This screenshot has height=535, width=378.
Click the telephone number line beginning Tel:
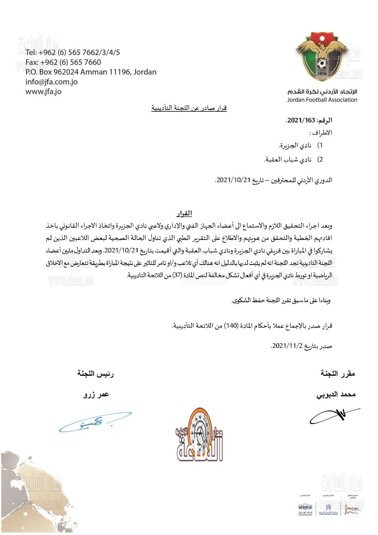73,53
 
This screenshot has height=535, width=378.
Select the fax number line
63,62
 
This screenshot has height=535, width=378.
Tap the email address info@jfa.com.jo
51,82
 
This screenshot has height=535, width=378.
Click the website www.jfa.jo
43,91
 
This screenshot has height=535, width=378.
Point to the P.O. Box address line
91,72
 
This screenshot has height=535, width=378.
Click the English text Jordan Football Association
322,100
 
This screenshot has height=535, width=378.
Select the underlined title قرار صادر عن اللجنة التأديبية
189,108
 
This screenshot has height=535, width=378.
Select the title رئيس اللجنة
95,373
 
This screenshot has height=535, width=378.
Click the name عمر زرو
95,394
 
